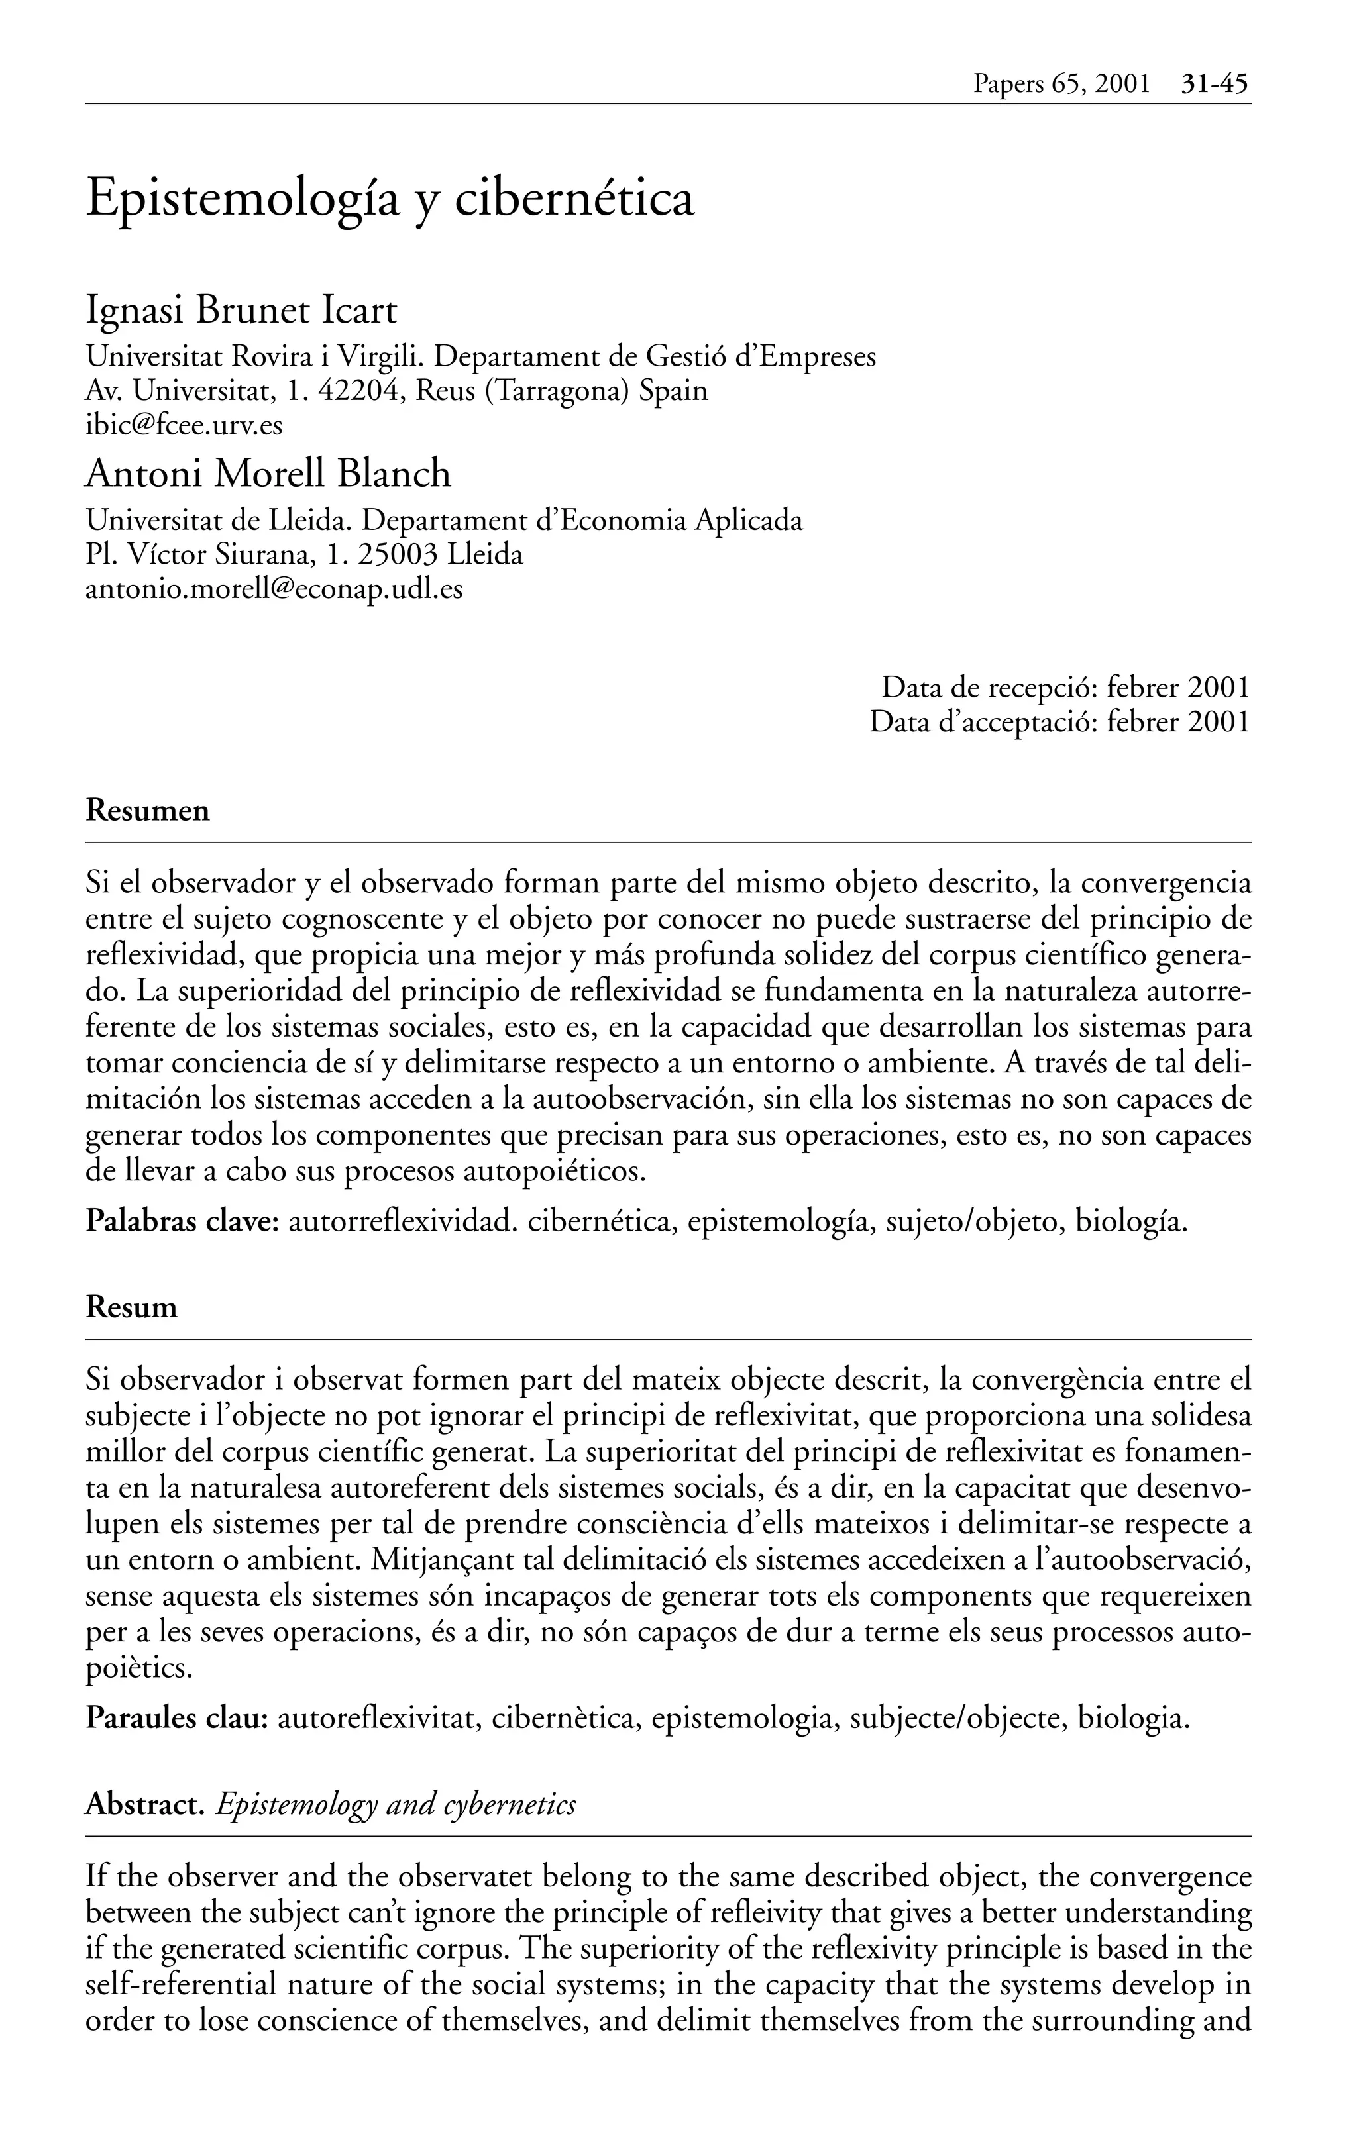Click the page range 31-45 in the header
(x=1215, y=85)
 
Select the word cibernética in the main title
(x=574, y=199)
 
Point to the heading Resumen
(x=148, y=811)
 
